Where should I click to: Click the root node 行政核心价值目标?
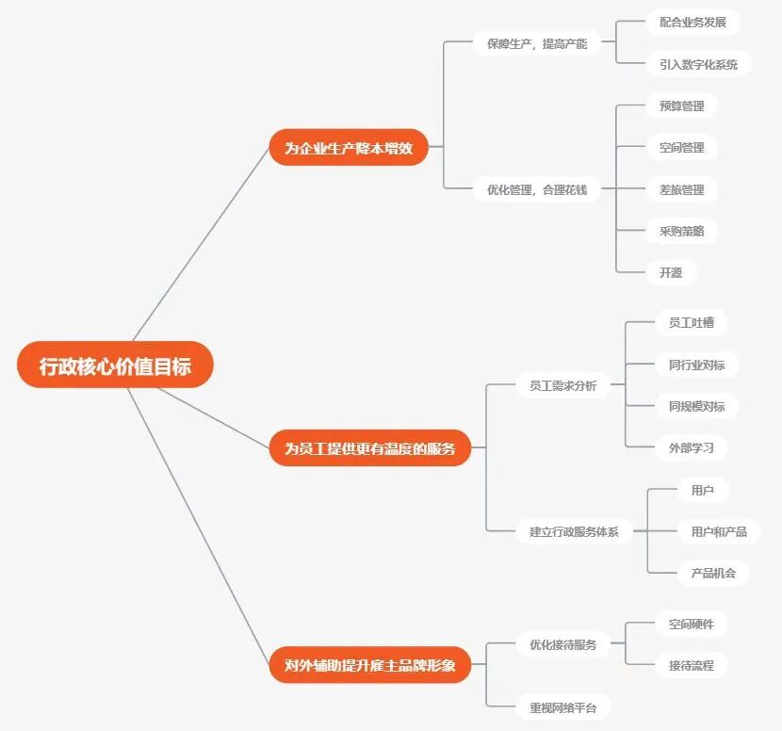point(115,365)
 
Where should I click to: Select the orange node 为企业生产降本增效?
point(349,148)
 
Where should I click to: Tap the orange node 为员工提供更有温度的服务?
point(369,448)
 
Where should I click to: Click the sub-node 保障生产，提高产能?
point(536,43)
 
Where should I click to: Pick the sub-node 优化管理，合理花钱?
point(536,189)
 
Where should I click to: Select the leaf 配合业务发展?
point(692,23)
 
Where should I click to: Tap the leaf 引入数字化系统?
point(698,64)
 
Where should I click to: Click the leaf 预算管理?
point(681,106)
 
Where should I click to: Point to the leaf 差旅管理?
point(681,189)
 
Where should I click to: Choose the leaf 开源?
point(670,272)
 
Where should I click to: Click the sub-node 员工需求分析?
point(562,385)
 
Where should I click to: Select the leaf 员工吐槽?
point(691,322)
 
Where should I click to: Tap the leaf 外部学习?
point(691,447)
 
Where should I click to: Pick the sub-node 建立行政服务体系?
point(567,531)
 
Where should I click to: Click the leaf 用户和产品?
point(718,531)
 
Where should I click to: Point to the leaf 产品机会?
point(712,572)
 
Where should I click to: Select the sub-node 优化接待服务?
point(562,644)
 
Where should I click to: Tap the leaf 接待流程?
point(691,665)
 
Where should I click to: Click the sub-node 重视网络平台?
point(562,707)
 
